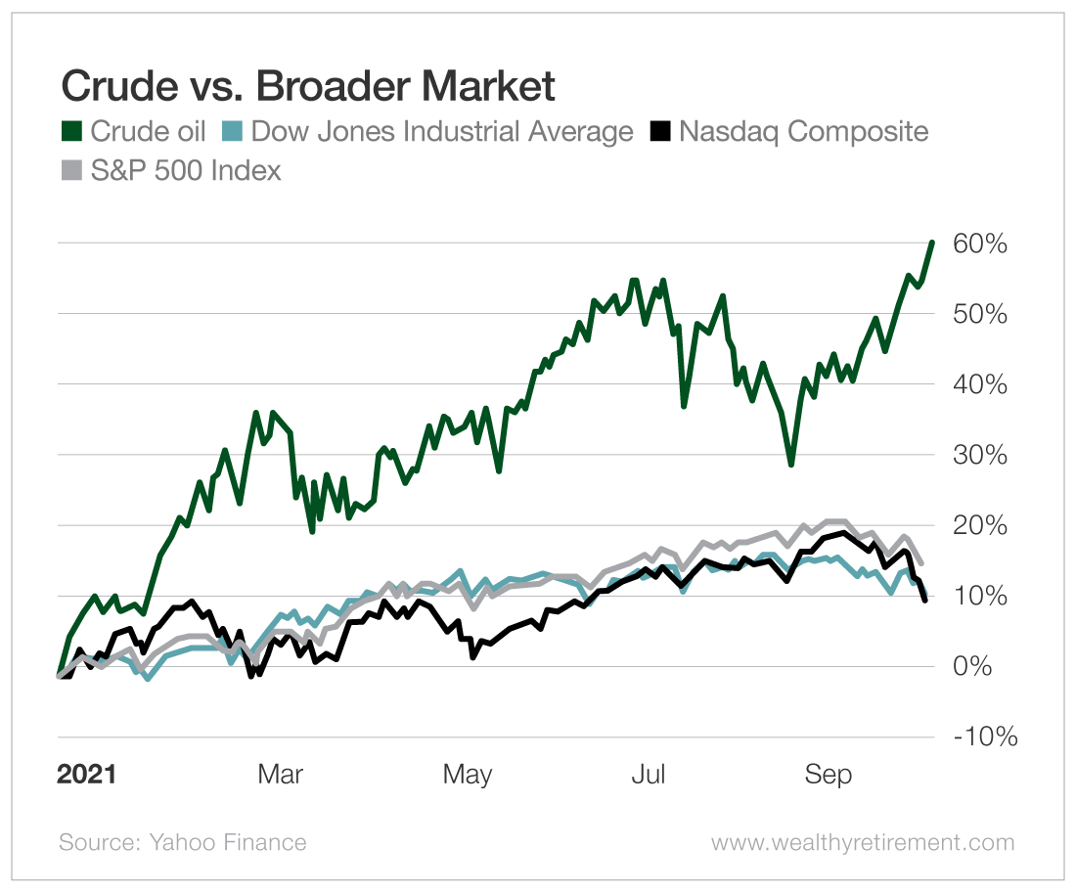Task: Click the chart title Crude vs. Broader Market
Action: [308, 87]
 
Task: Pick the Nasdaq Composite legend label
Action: [802, 131]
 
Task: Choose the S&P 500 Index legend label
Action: [186, 171]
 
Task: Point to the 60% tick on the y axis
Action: [979, 244]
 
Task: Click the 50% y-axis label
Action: [979, 314]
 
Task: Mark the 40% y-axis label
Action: [979, 384]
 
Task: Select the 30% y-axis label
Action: [979, 455]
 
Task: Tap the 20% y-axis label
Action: [979, 525]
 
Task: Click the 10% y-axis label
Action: [979, 596]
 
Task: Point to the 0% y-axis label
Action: [986, 666]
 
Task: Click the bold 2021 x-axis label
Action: [86, 775]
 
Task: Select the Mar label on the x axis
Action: [281, 775]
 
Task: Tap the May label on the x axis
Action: [467, 775]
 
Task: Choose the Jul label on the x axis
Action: [648, 775]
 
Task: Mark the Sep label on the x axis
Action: [828, 775]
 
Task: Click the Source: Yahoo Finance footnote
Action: [183, 842]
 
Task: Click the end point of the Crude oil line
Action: [932, 242]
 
